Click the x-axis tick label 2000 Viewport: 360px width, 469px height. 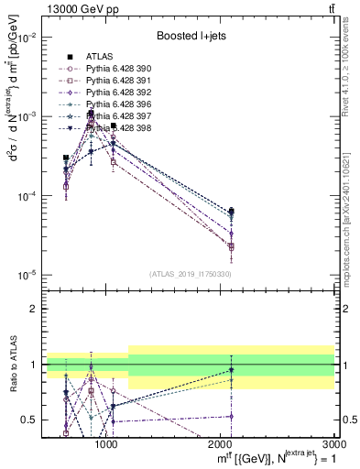click(221, 443)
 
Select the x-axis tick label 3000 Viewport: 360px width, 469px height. click(333, 443)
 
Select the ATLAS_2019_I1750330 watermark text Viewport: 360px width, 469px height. click(191, 274)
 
